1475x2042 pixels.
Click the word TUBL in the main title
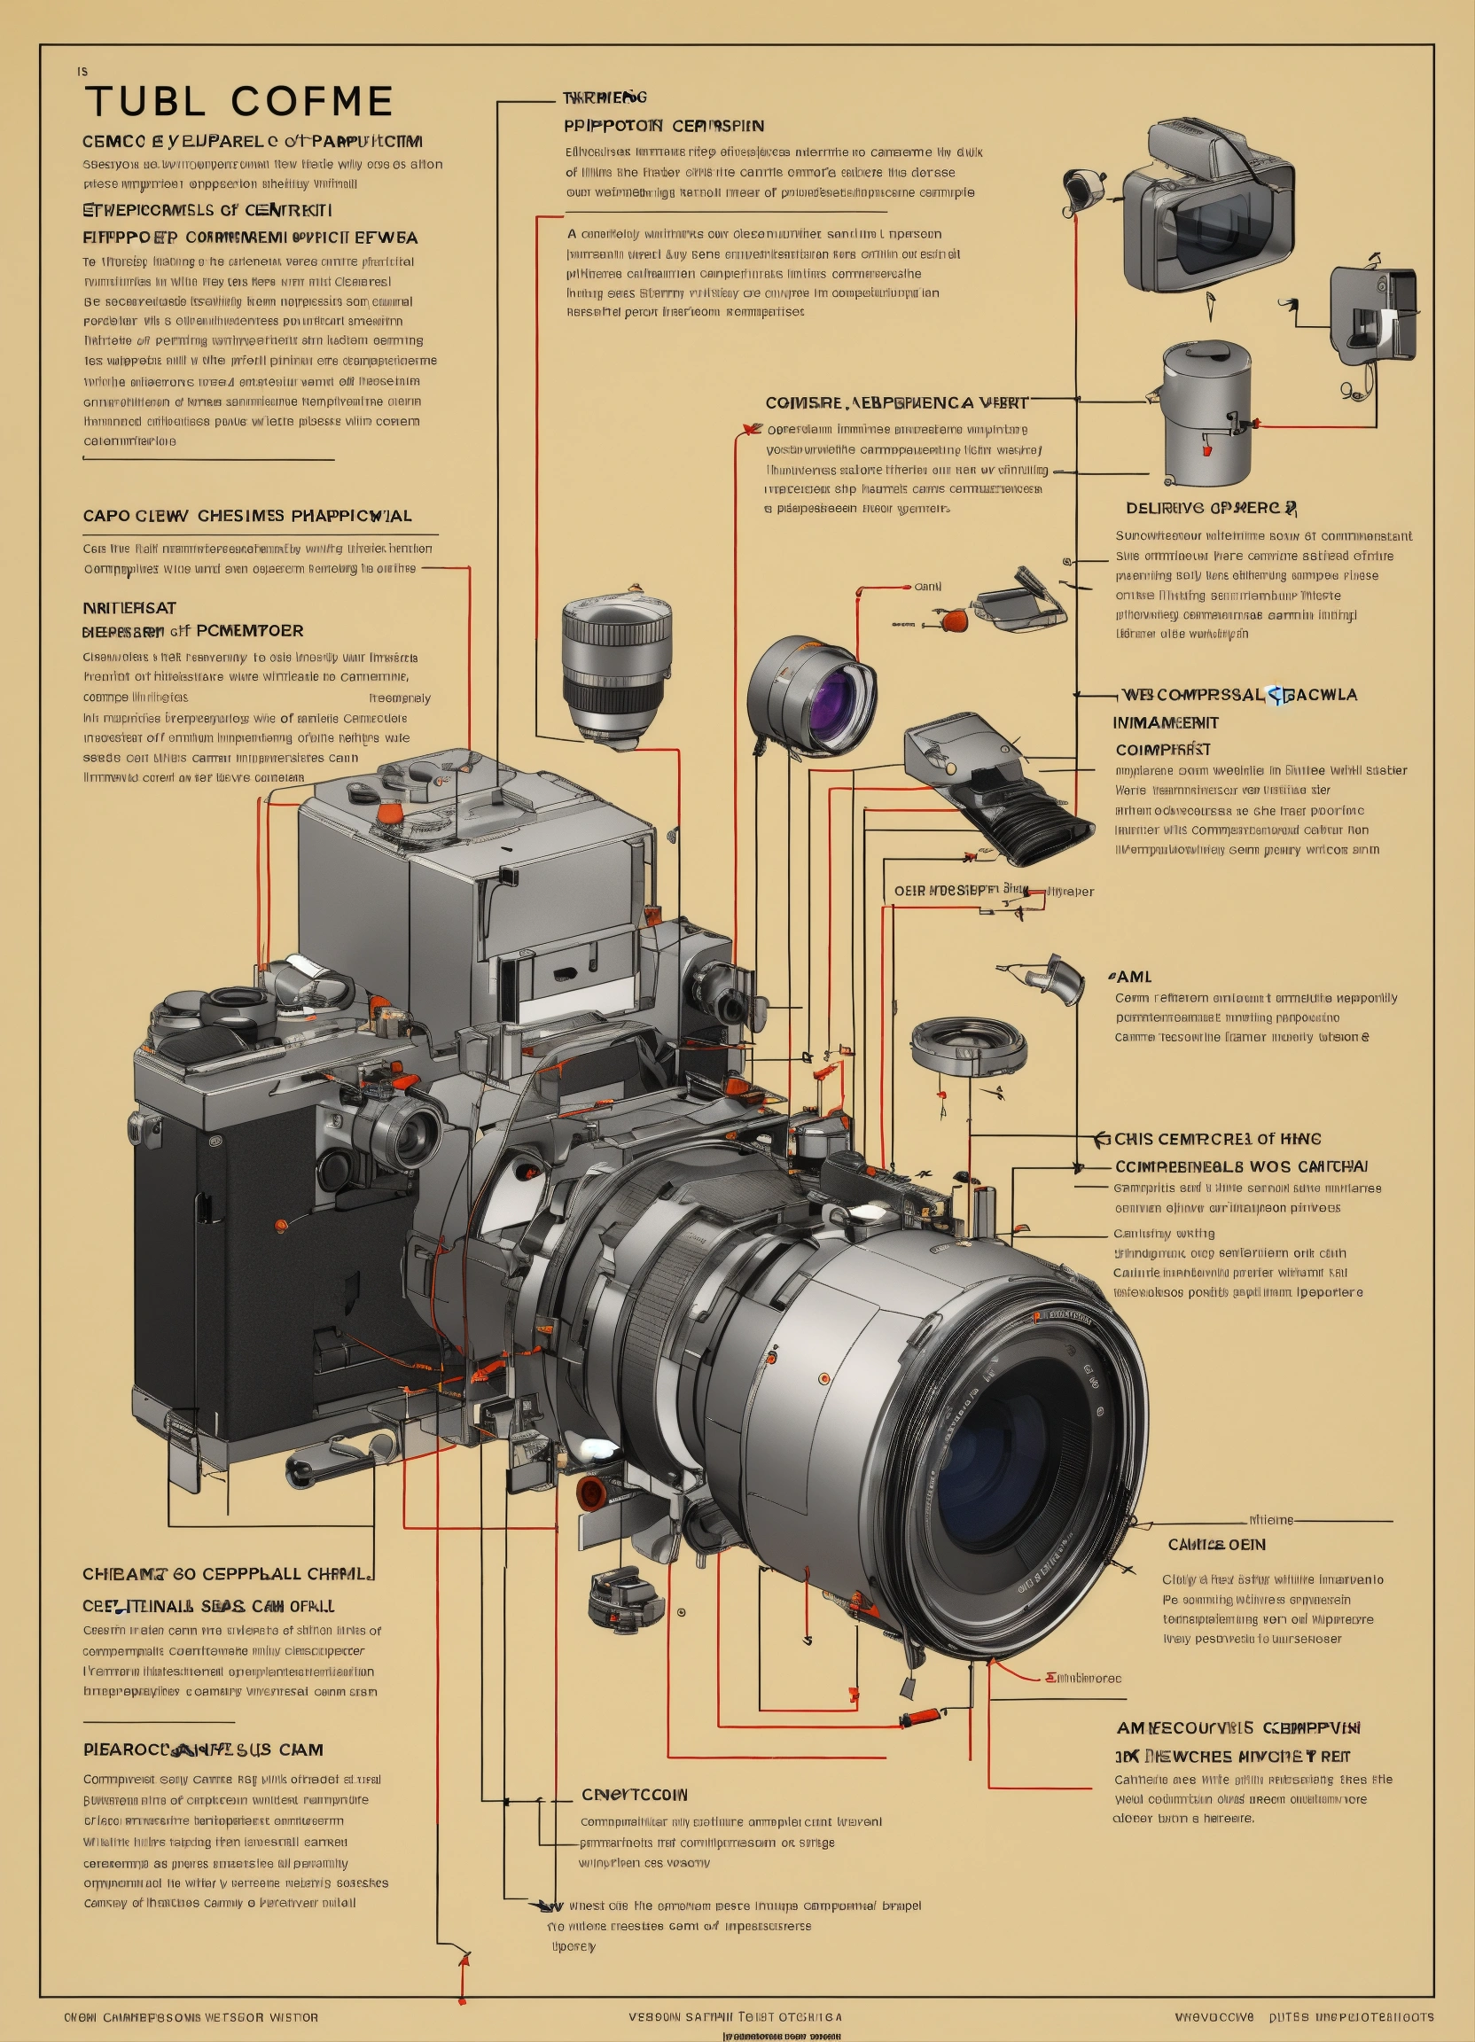coord(146,102)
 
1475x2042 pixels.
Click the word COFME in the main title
coord(311,102)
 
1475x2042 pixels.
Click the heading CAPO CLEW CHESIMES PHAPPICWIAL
coord(246,516)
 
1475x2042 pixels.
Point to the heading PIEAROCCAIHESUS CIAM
coord(203,1750)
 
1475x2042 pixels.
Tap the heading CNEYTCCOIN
coord(634,1794)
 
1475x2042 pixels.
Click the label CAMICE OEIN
coord(1215,1544)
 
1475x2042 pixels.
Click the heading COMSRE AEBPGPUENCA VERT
coord(895,402)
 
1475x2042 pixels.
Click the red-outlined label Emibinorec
coord(1083,1679)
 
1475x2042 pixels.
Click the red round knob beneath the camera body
coord(591,1493)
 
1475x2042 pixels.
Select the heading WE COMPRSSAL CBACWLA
coord(1239,694)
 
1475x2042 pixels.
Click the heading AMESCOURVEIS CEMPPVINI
coord(1238,1727)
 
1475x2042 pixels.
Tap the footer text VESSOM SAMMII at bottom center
coord(682,2017)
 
